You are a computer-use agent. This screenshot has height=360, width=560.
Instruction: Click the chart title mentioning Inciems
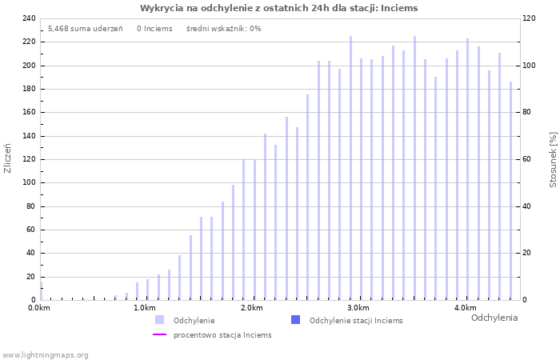(278, 8)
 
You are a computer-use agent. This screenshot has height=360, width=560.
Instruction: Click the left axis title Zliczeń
(8, 158)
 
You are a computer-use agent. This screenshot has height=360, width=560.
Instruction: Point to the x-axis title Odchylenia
(494, 318)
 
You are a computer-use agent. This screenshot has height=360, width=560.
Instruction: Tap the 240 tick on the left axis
(29, 18)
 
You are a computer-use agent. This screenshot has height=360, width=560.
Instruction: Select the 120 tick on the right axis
(529, 18)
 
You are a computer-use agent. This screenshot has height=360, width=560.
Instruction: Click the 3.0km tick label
(358, 308)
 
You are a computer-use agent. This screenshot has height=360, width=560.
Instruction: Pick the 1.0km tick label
(144, 308)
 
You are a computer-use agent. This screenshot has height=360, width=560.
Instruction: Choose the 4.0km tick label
(465, 308)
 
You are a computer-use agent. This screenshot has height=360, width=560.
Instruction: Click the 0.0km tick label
(38, 308)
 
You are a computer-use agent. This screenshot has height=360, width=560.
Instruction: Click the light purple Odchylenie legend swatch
(160, 320)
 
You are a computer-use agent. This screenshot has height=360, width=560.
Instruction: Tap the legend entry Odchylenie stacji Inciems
(355, 320)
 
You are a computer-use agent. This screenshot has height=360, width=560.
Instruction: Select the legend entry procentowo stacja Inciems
(222, 335)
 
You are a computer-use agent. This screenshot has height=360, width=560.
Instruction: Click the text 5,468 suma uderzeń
(85, 29)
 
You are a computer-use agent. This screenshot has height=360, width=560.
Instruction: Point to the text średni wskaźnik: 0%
(223, 29)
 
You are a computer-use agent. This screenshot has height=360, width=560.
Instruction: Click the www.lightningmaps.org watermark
(46, 354)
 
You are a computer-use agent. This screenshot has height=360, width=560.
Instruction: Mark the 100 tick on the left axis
(29, 182)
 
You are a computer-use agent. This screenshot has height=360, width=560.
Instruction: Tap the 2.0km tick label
(251, 308)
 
